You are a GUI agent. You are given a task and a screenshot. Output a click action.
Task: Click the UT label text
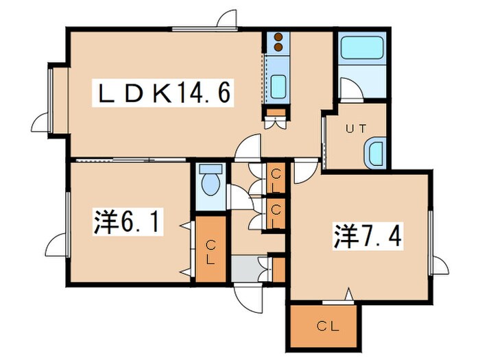tap(355, 128)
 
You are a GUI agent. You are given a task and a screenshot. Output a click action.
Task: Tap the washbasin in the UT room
tap(376, 153)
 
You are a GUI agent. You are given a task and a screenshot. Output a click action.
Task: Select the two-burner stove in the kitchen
tap(278, 43)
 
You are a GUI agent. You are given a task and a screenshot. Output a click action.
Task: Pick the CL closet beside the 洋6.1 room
tap(210, 251)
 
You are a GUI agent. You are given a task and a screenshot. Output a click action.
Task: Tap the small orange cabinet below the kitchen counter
tap(276, 113)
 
